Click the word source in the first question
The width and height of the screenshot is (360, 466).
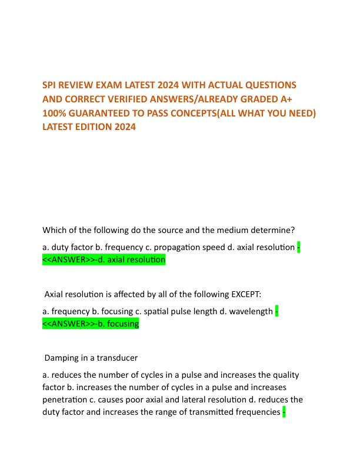point(161,229)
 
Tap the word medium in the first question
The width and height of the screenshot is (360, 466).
point(218,229)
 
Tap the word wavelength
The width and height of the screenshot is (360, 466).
point(251,311)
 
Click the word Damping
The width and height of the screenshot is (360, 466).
point(62,357)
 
